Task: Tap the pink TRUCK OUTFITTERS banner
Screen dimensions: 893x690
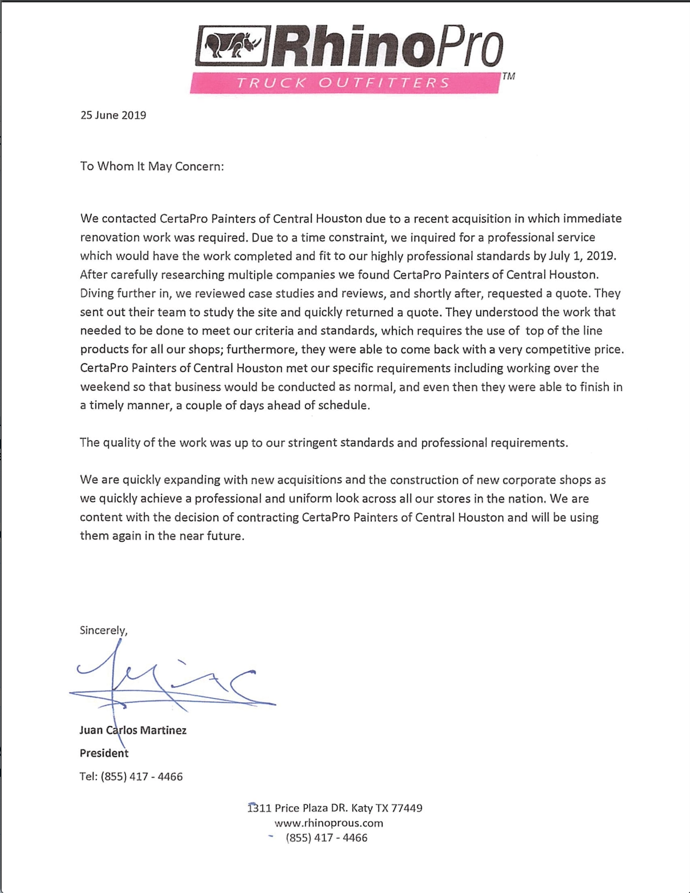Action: [344, 83]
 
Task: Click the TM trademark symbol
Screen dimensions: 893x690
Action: [508, 76]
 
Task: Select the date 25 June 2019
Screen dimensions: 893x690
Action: [113, 115]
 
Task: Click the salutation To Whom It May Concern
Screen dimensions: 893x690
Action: [152, 166]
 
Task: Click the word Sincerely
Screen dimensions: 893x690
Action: [104, 630]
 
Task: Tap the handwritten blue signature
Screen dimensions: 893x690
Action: [171, 681]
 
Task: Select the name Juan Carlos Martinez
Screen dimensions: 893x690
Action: [133, 730]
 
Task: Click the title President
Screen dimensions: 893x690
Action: [104, 753]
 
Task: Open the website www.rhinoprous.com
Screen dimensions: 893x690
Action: [328, 823]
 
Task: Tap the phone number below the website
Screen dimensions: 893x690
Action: [326, 838]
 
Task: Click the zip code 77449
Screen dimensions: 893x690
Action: [406, 808]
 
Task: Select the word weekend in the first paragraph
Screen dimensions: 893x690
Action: [105, 387]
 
